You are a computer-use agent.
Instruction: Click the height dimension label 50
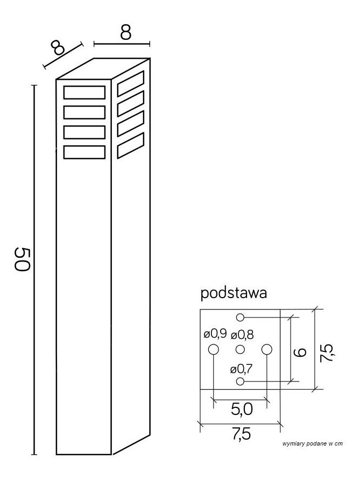(x=22, y=259)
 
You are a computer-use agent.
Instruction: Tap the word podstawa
(x=234, y=293)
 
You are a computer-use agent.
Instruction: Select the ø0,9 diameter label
(x=215, y=334)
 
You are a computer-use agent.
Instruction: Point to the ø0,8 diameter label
(x=242, y=335)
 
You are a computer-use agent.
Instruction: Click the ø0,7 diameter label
(x=241, y=369)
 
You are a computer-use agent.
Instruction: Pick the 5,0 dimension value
(x=242, y=409)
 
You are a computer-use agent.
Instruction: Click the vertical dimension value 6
(x=300, y=352)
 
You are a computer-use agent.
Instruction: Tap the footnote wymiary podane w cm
(x=313, y=443)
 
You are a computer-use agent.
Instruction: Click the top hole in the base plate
(x=241, y=317)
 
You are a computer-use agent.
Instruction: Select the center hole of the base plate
(x=241, y=349)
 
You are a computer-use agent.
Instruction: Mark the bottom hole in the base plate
(x=241, y=382)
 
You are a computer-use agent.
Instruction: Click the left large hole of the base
(x=214, y=349)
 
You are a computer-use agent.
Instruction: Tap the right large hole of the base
(x=267, y=349)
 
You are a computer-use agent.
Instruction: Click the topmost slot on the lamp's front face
(x=84, y=93)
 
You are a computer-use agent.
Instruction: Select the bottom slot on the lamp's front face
(x=84, y=152)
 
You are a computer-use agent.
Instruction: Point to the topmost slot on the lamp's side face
(x=131, y=84)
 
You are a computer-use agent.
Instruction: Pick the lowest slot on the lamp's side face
(x=131, y=146)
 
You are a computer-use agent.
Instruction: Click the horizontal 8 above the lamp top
(x=125, y=32)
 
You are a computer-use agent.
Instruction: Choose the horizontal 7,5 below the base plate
(x=242, y=434)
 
